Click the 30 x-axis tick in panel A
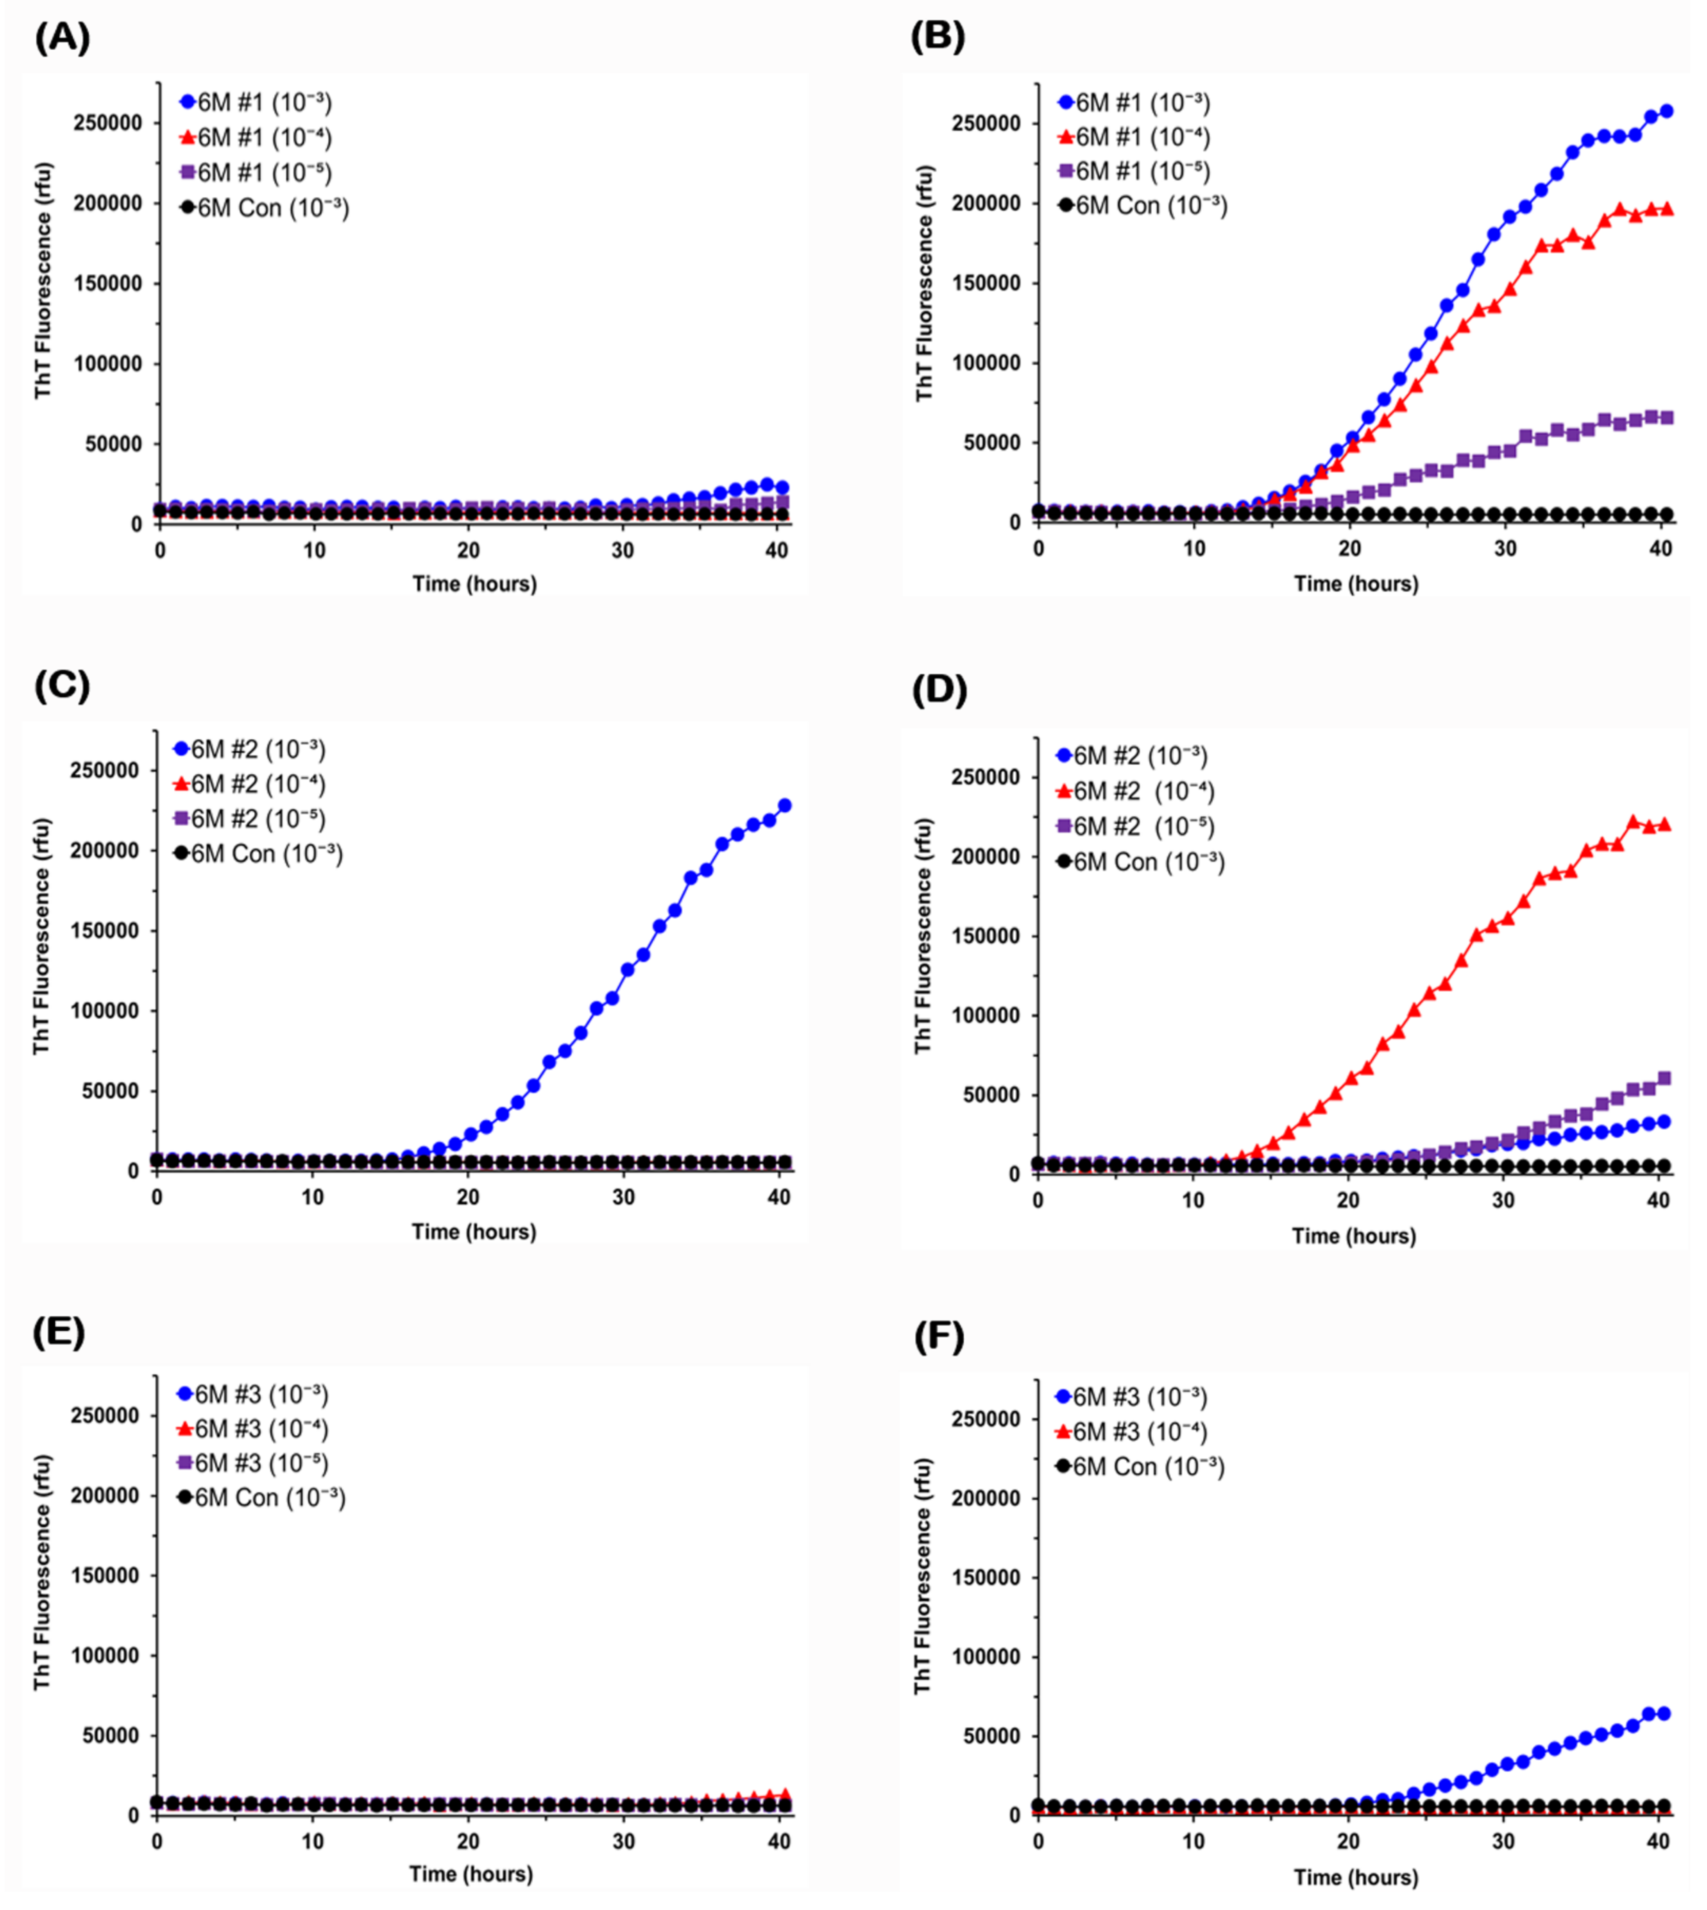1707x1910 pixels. click(623, 551)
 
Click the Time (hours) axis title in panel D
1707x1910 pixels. click(1353, 1236)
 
